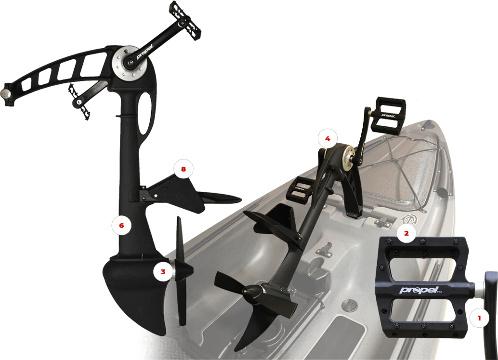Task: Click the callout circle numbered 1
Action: click(479, 318)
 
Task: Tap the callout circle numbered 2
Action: click(406, 233)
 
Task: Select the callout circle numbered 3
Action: click(163, 272)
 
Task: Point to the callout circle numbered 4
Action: click(328, 139)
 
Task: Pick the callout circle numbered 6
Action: click(121, 225)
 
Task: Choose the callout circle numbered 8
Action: click(183, 169)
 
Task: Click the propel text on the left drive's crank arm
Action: click(145, 52)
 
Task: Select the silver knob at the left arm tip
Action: click(5, 93)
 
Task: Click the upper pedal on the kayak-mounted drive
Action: click(390, 115)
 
